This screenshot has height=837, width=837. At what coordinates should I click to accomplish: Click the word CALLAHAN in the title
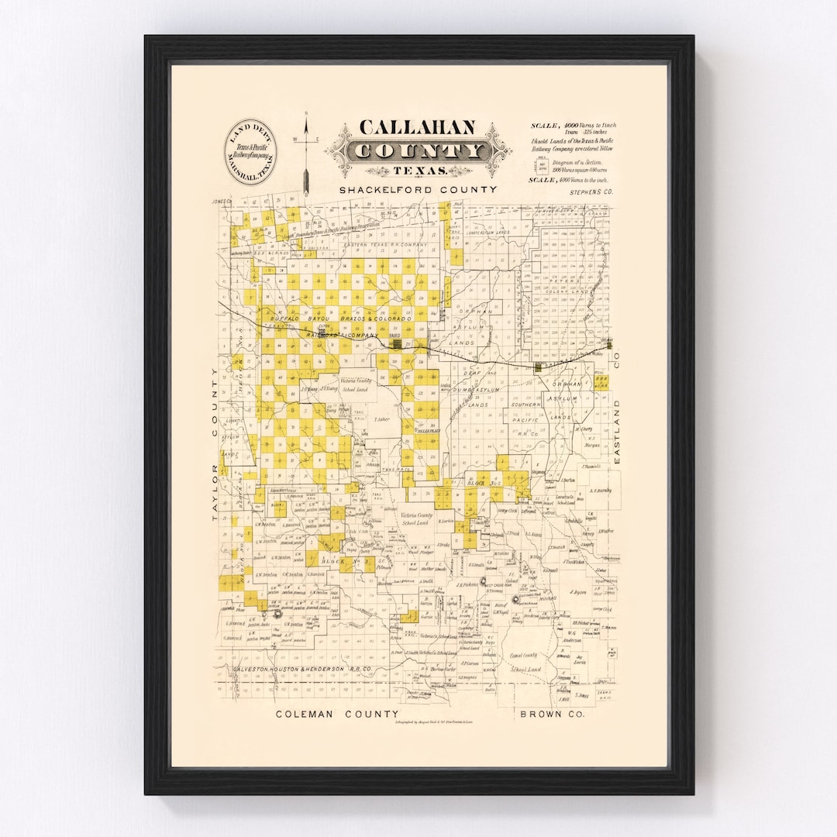418,129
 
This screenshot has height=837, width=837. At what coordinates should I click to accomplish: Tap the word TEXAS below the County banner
418,170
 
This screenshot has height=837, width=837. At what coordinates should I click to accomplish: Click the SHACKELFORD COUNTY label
418,190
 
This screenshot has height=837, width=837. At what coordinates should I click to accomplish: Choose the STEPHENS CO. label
591,190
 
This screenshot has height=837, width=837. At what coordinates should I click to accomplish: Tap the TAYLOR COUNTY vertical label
217,443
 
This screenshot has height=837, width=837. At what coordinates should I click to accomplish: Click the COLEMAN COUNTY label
337,714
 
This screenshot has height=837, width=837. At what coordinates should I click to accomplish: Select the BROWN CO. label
553,714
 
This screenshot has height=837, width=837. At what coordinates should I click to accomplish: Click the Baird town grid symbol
398,344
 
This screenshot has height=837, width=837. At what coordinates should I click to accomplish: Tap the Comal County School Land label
525,662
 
